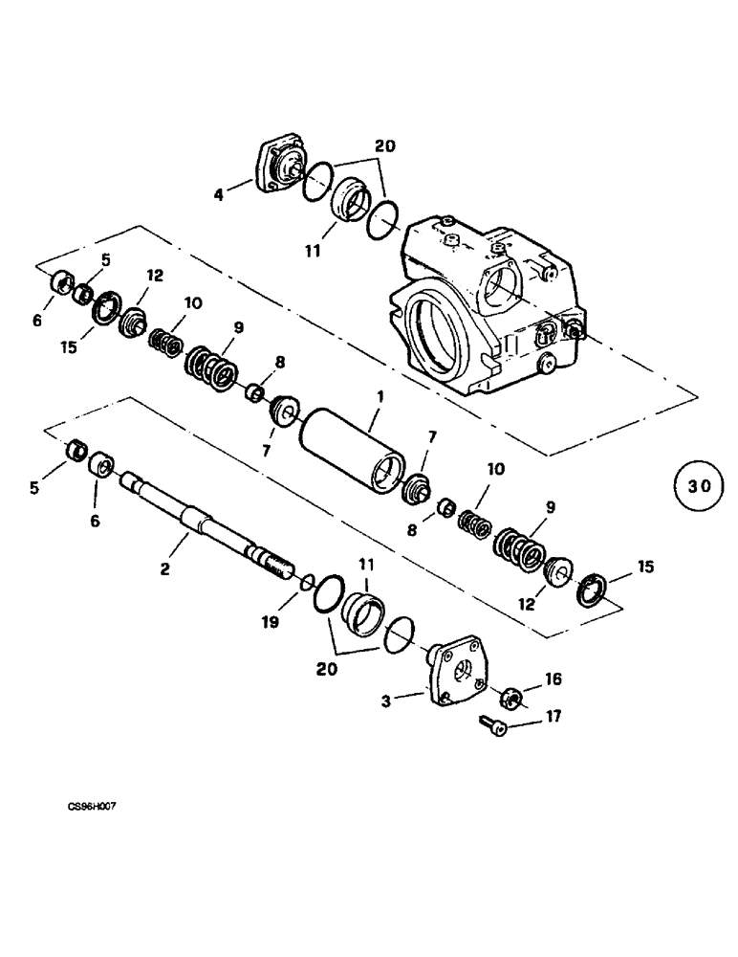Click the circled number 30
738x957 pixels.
coord(699,486)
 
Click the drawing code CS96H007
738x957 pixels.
coord(91,807)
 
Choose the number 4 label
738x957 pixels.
coord(219,195)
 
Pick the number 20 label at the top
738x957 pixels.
coord(385,146)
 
